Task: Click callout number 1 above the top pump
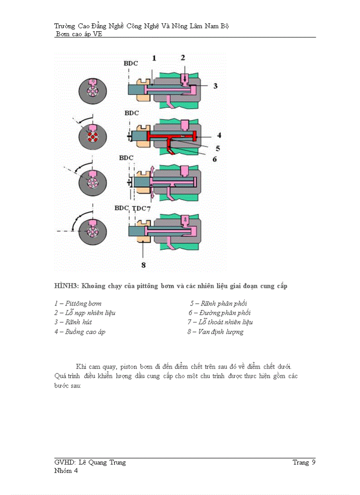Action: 154,58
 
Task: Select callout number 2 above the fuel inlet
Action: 183,57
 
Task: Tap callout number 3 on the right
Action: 215,86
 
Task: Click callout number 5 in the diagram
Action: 217,149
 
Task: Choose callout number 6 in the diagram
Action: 214,159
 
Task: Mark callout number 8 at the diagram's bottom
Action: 143,265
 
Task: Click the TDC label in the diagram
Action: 139,208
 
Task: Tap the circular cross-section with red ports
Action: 93,137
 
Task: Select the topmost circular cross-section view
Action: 93,92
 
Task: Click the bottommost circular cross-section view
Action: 93,231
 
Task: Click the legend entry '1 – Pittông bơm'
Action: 78,303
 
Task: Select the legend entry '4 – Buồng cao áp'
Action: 80,331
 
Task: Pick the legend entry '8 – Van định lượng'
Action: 215,331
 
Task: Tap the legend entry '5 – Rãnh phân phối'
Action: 218,303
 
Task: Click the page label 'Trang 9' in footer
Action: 304,462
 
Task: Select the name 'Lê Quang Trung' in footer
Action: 102,462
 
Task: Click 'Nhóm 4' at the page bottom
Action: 66,470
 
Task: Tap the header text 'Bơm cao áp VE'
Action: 79,34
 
